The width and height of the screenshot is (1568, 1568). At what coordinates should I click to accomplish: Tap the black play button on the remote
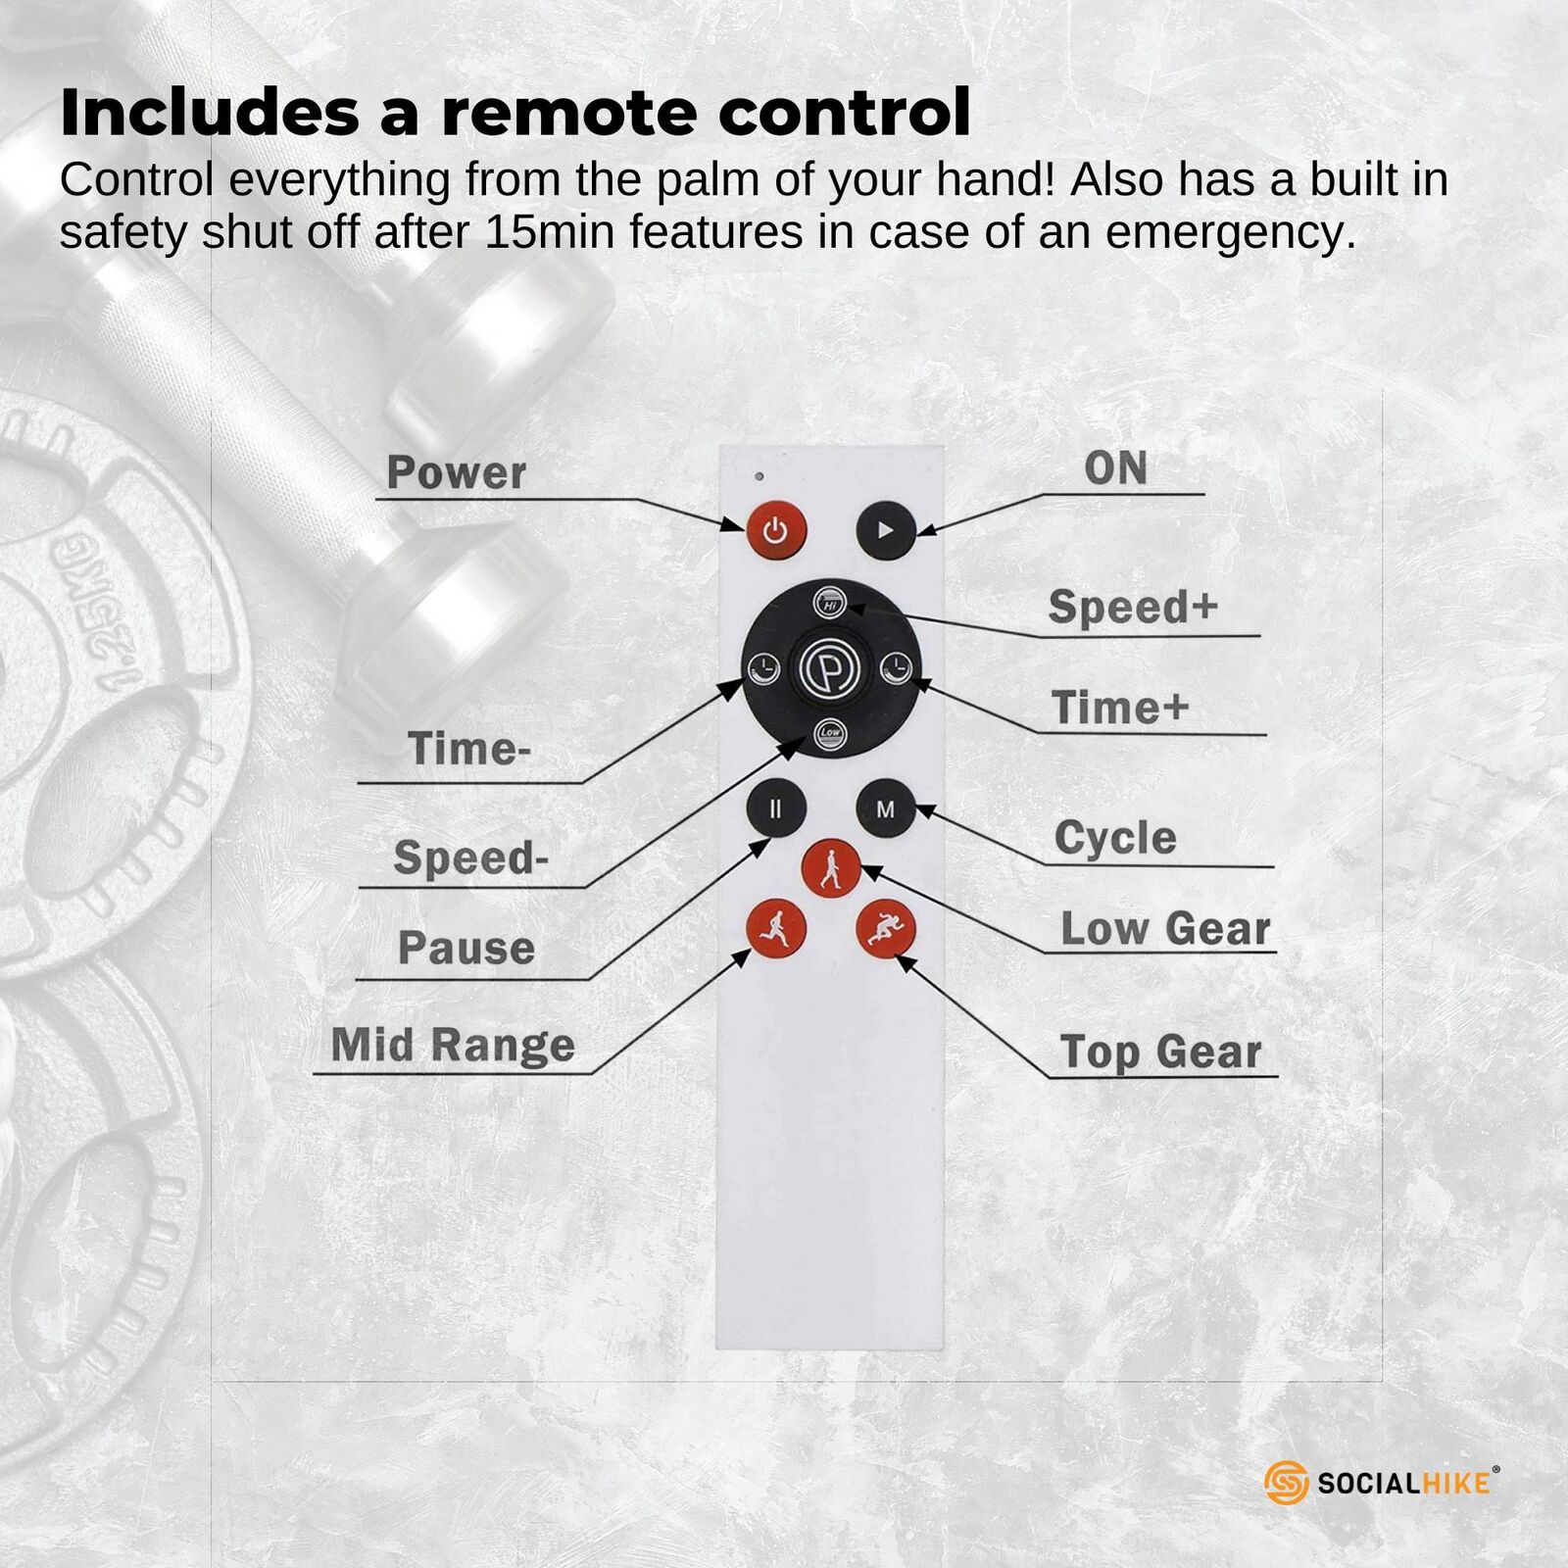(x=885, y=530)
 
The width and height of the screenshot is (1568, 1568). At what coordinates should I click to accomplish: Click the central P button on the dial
(x=830, y=669)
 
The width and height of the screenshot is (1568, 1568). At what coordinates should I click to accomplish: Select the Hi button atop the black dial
(x=831, y=604)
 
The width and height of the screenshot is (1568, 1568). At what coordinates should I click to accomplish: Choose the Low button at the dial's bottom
(x=830, y=734)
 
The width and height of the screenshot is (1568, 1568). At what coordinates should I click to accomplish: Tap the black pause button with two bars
(x=776, y=808)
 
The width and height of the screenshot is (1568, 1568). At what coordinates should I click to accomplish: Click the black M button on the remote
(x=885, y=809)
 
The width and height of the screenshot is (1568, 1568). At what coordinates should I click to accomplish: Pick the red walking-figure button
(x=831, y=868)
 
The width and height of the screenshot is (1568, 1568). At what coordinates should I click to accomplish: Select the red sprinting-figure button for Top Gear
(x=885, y=929)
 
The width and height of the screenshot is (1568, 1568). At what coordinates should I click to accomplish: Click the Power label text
(x=457, y=472)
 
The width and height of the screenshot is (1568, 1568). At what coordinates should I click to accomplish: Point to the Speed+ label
(x=1133, y=607)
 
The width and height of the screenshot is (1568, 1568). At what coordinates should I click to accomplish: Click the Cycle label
(x=1115, y=838)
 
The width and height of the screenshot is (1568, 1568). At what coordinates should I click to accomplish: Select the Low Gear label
(x=1165, y=928)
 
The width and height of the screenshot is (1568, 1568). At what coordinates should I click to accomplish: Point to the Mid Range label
(x=453, y=1046)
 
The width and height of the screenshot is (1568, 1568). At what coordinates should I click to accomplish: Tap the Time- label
(x=469, y=749)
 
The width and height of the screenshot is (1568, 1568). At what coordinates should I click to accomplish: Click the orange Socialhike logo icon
(x=1287, y=1483)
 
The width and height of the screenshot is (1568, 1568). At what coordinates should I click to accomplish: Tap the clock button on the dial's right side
(x=896, y=669)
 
